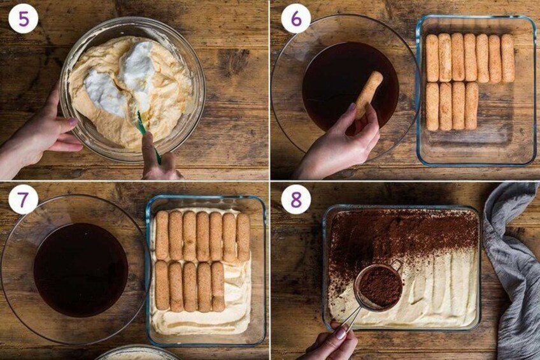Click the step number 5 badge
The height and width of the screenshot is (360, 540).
pos(24,19)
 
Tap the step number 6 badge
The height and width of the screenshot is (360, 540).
pos(296,19)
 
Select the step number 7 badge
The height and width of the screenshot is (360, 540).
pos(24,199)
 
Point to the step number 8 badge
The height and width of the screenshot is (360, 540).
pos(296,199)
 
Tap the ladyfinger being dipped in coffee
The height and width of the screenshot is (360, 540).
pos(369,94)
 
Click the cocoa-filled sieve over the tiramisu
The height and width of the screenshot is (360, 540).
pos(380,287)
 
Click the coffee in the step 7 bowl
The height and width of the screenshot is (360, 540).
pos(81,270)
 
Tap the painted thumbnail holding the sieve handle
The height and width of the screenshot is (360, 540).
pos(340,333)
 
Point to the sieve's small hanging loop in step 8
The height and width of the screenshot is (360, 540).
pos(397,265)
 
